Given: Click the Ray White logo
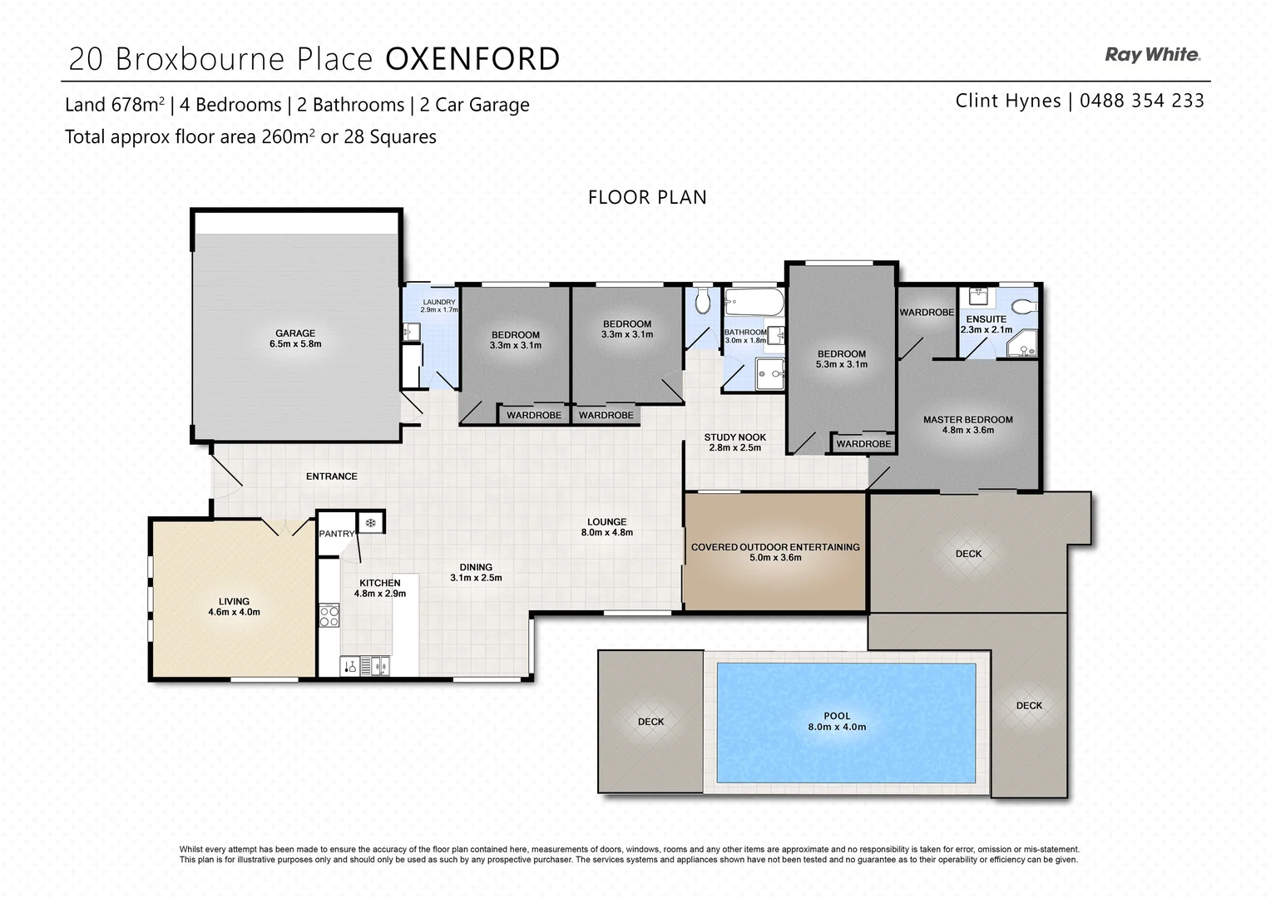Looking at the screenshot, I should [1152, 55].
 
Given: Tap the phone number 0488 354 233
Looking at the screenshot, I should [1141, 101].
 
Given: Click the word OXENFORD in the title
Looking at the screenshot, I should [472, 59].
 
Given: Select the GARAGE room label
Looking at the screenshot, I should [295, 333].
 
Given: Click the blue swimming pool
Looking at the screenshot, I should [845, 722].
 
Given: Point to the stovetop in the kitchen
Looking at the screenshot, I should [329, 616].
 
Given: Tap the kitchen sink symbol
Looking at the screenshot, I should [380, 665].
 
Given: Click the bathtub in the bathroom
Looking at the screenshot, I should [753, 303].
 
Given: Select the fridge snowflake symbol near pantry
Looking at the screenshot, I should [371, 523].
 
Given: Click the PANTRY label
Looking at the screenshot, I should [337, 534].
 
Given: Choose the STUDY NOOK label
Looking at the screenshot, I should [734, 437].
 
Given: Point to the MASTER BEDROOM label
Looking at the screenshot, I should [967, 420].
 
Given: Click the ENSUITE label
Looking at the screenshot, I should [986, 318].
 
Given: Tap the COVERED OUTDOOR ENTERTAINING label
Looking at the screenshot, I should [775, 547].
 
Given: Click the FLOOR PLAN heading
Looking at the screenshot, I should [647, 197].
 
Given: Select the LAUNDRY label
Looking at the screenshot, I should [438, 302].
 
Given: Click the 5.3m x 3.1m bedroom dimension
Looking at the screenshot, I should [842, 364].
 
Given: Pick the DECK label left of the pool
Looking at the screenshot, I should [650, 722].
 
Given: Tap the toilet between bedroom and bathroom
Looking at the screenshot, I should [703, 301].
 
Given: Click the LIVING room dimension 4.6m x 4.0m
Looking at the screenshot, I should [234, 612].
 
